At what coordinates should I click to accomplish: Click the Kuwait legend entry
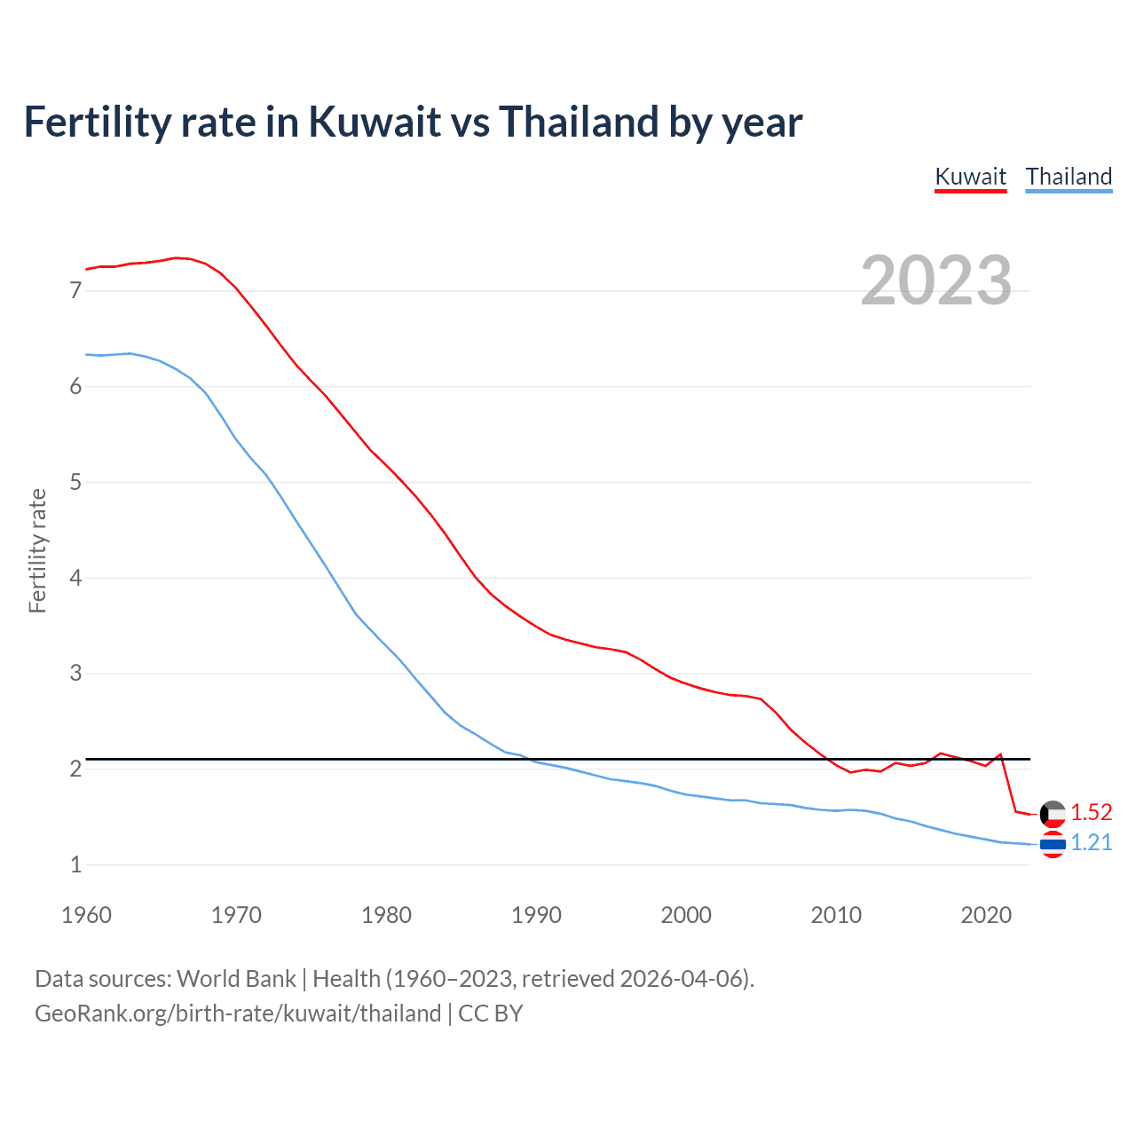point(970,177)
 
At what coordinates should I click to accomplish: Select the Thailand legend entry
point(1069,177)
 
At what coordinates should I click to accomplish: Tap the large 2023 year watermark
point(935,280)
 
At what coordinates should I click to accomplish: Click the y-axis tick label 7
point(76,290)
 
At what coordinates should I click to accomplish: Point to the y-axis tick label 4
point(76,578)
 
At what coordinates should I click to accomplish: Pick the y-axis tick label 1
point(76,864)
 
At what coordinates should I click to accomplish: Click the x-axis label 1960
point(86,915)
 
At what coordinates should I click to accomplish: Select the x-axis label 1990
point(536,915)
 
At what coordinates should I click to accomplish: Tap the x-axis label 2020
point(986,915)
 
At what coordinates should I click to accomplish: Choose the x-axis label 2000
point(686,915)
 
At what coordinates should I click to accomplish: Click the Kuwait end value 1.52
point(1091,812)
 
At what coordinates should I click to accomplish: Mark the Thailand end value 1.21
point(1091,842)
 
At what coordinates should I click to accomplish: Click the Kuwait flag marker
point(1053,813)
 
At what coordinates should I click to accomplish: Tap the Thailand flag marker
point(1053,844)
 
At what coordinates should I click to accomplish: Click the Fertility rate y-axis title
point(37,550)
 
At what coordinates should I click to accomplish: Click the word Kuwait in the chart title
point(375,122)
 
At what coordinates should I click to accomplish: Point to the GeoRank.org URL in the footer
point(238,1014)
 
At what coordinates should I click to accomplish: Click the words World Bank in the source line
point(236,979)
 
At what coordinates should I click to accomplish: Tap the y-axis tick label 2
point(76,769)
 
